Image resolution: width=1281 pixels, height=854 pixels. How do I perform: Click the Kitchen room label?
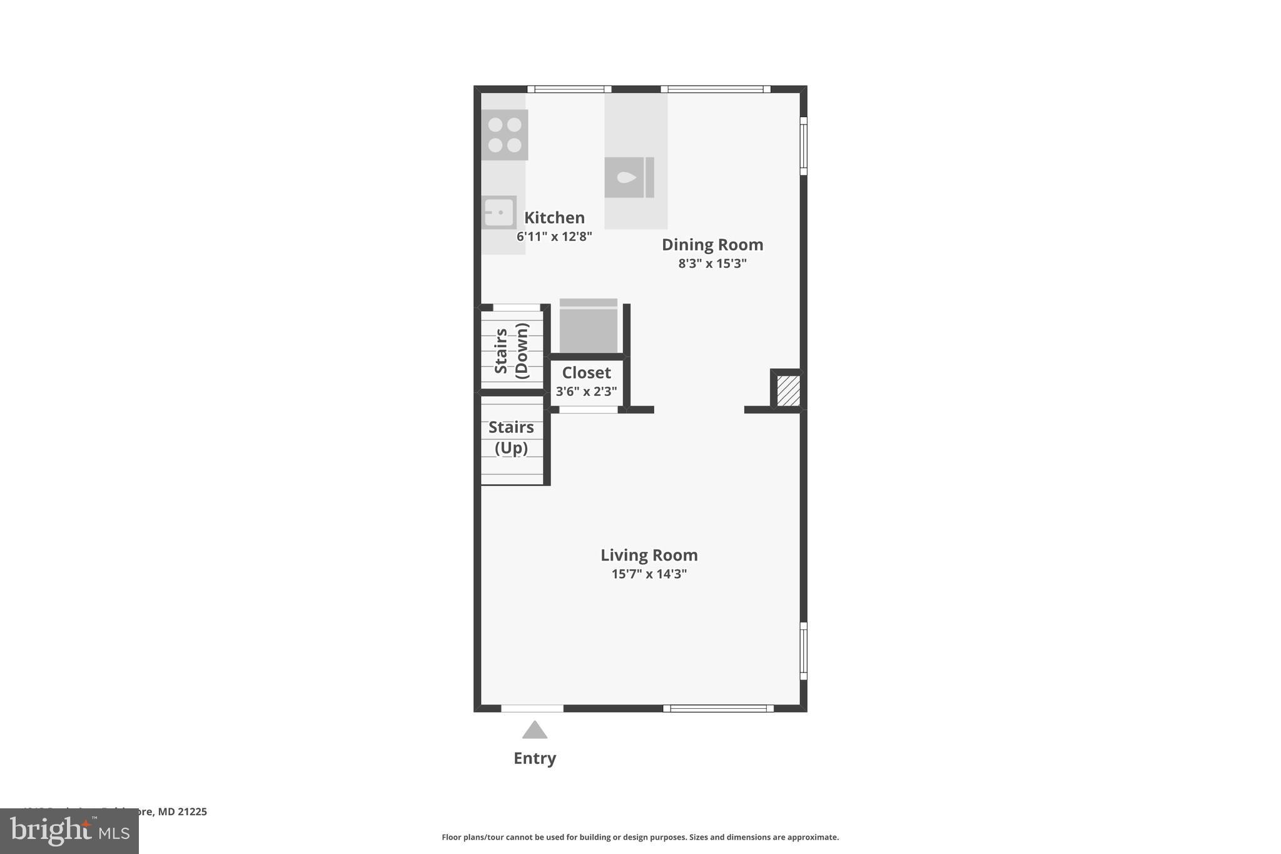(x=554, y=218)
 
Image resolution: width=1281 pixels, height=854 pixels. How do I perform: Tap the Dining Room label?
(x=712, y=245)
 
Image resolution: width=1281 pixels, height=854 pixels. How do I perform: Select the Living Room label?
(x=649, y=555)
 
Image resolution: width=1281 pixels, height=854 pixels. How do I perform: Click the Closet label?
(x=586, y=373)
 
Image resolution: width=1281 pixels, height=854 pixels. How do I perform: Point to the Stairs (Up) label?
(x=511, y=437)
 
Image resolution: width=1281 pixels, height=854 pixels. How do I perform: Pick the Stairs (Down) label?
(x=512, y=351)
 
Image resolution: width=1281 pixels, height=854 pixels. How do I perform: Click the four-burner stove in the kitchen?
(x=505, y=135)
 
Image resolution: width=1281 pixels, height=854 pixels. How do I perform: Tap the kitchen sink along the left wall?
(x=499, y=212)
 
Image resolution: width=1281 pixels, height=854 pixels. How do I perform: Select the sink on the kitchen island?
(x=629, y=178)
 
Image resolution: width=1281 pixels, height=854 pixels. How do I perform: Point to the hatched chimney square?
(x=788, y=390)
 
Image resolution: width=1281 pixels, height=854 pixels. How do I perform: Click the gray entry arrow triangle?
(x=535, y=730)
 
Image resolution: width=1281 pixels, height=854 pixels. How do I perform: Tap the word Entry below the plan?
(x=535, y=758)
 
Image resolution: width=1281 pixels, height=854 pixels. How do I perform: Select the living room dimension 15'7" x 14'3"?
(x=649, y=574)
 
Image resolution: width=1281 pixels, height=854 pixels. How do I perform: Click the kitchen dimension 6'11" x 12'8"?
(x=554, y=236)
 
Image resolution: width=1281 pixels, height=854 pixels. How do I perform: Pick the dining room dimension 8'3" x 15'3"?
(x=712, y=263)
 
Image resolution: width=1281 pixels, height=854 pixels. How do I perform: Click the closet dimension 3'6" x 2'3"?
(x=586, y=392)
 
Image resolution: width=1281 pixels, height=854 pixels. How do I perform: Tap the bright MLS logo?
(x=69, y=831)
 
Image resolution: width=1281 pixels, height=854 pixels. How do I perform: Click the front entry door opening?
(x=532, y=708)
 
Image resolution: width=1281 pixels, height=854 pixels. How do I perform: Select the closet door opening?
(x=588, y=410)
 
